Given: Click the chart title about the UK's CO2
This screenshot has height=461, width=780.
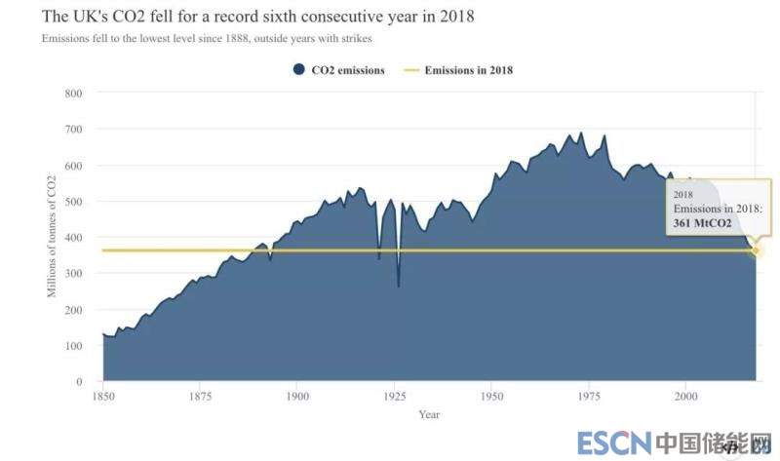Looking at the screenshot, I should pyautogui.click(x=257, y=18).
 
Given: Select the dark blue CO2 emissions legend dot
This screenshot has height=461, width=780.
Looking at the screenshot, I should pyautogui.click(x=298, y=70).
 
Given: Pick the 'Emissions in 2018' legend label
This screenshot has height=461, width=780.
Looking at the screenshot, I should pyautogui.click(x=468, y=70).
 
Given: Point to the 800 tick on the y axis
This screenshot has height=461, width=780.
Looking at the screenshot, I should pyautogui.click(x=73, y=94).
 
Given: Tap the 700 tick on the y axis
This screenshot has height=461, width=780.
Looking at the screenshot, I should pyautogui.click(x=73, y=130).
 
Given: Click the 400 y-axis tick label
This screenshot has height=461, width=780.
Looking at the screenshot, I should pyautogui.click(x=73, y=238).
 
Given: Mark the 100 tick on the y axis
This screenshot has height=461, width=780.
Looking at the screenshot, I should pyautogui.click(x=73, y=346).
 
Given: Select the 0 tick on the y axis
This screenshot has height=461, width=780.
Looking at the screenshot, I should pyautogui.click(x=78, y=382).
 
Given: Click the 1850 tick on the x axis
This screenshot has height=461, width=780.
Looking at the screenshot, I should pyautogui.click(x=103, y=397).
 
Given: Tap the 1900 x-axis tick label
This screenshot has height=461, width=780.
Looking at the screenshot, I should pyautogui.click(x=297, y=397).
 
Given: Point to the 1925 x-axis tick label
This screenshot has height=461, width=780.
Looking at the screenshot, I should pyautogui.click(x=395, y=397).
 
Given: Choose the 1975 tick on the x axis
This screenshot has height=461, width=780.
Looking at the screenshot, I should pyautogui.click(x=588, y=397).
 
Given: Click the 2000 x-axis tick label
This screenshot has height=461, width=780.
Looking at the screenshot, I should pyautogui.click(x=685, y=397).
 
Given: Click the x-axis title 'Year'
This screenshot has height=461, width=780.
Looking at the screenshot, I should pyautogui.click(x=429, y=414).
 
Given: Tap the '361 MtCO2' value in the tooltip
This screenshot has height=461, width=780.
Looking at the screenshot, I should pyautogui.click(x=702, y=223).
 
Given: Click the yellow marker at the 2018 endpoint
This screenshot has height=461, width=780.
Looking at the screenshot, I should pyautogui.click(x=756, y=251).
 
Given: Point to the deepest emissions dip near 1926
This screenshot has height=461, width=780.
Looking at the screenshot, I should pyautogui.click(x=398, y=287).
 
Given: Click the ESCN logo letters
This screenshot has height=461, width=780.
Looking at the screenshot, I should pyautogui.click(x=613, y=443).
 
